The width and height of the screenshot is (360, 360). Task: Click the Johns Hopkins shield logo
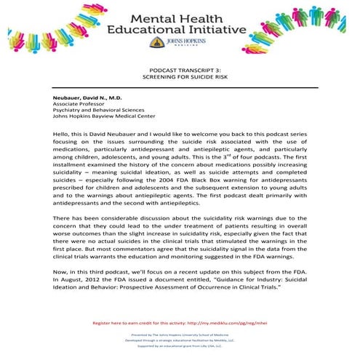[x=155, y=44]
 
